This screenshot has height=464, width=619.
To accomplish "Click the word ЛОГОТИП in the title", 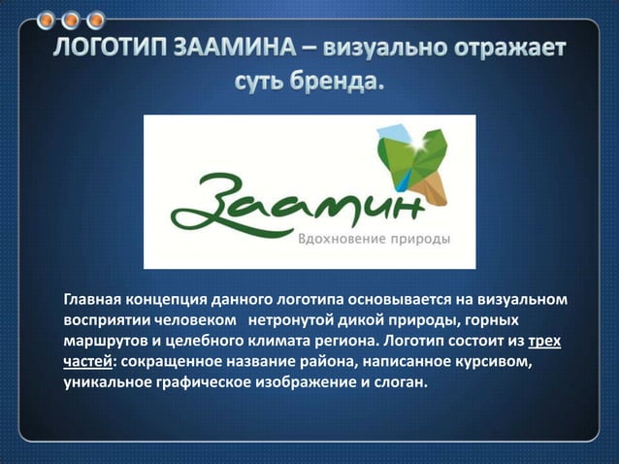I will (x=114, y=49).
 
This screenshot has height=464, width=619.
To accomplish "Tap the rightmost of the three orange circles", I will (x=95, y=19).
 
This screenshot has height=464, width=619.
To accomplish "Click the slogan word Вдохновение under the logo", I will (x=339, y=238).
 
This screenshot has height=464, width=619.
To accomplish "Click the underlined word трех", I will (x=545, y=341).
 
